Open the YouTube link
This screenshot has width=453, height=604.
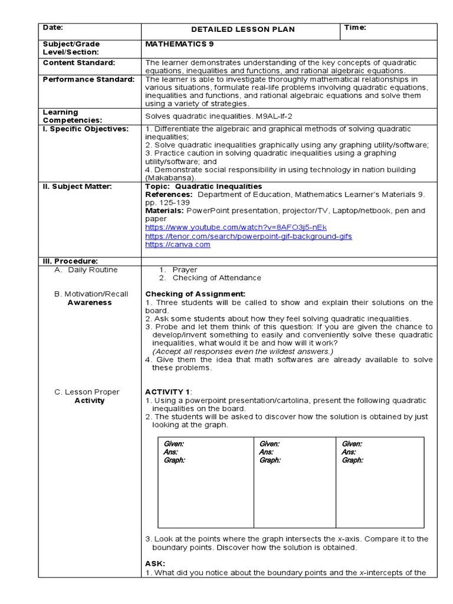[235, 227]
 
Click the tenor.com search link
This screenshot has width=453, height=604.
[248, 236]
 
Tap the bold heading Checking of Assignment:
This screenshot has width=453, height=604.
[195, 294]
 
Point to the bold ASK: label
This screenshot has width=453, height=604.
[155, 563]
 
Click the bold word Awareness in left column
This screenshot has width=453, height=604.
[90, 303]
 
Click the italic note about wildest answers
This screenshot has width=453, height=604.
[242, 352]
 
